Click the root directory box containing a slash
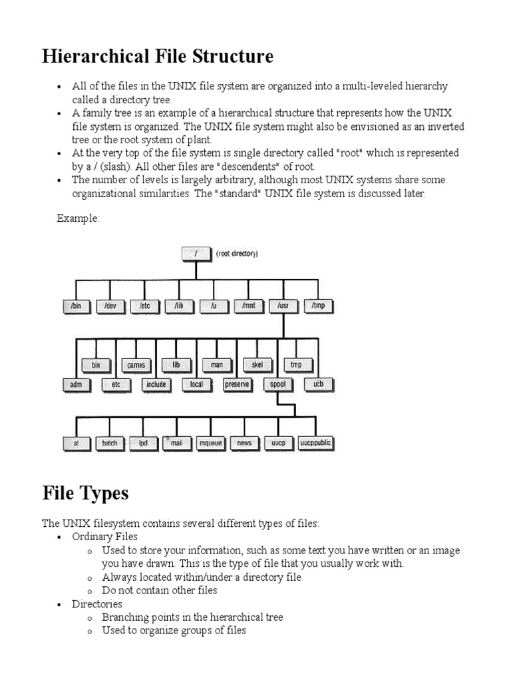[196, 253]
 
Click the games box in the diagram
[136, 365]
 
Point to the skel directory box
[257, 365]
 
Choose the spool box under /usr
[277, 384]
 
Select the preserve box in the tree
[237, 384]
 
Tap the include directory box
[156, 384]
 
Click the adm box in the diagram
[75, 384]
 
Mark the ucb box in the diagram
[317, 384]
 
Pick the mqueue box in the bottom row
[212, 443]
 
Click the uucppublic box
[315, 443]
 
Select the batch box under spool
[110, 443]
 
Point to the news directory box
[244, 443]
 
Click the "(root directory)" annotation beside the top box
[238, 254]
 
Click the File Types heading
[85, 494]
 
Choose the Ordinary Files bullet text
[104, 537]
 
